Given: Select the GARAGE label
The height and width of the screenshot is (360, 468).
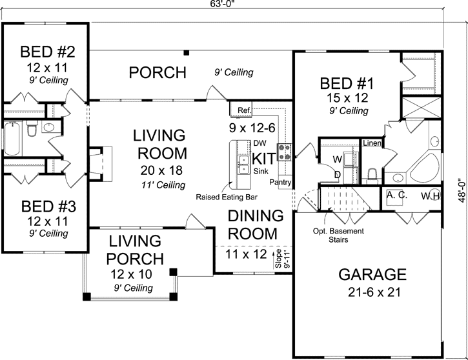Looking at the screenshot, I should click(x=372, y=274).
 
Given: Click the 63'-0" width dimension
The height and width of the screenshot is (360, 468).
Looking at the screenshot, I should click(x=221, y=5).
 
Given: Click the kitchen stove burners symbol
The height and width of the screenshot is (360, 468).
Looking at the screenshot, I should click(x=285, y=152).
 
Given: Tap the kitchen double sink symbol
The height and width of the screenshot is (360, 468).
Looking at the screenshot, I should click(x=243, y=165).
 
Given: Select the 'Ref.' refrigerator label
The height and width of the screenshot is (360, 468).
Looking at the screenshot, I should click(x=244, y=110).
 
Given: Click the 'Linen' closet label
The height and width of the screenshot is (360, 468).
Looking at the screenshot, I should click(x=371, y=143).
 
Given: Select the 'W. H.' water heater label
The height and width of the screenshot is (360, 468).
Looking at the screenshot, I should click(x=431, y=195).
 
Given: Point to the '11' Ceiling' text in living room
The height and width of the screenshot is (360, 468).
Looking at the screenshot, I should click(x=159, y=185).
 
